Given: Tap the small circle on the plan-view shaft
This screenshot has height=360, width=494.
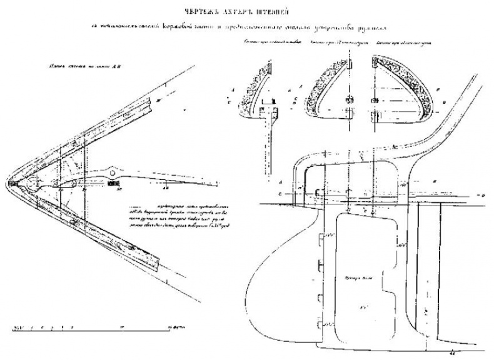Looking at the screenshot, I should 114,171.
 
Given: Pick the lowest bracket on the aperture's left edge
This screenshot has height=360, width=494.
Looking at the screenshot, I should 323,326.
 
